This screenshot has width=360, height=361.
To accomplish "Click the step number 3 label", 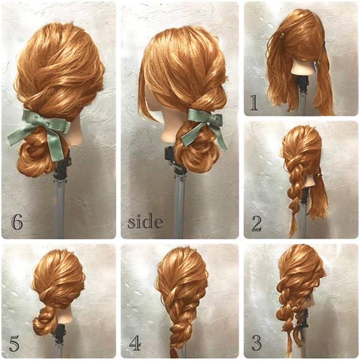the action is pyautogui.click(x=256, y=343).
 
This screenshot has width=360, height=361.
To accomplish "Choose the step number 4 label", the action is pyautogui.click(x=135, y=343).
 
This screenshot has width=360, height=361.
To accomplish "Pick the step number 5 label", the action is pyautogui.click(x=14, y=343).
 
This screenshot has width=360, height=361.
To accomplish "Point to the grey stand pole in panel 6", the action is pyautogui.click(x=59, y=207).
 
